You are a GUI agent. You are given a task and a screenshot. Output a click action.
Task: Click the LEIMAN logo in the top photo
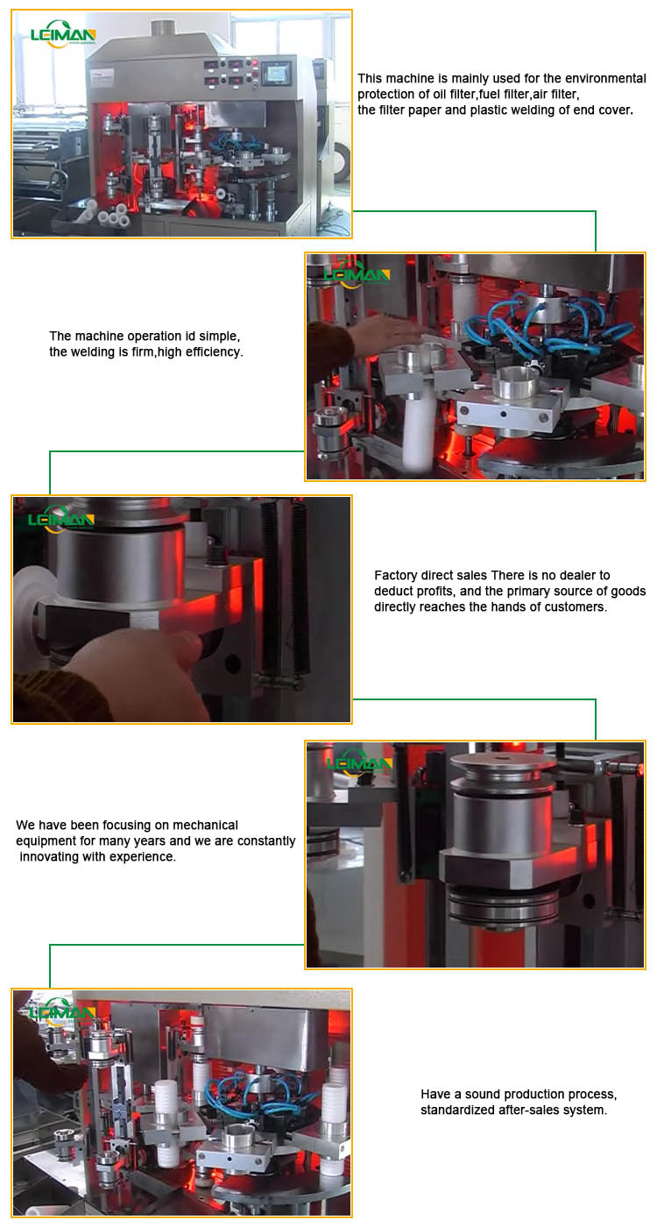(x=61, y=34)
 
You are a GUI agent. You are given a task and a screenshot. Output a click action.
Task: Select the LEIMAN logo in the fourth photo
(x=359, y=763)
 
